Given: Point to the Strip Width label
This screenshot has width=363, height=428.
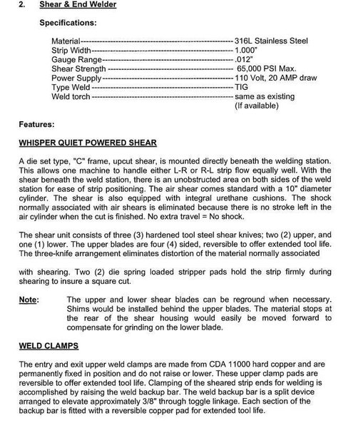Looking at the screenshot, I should [x=71, y=51].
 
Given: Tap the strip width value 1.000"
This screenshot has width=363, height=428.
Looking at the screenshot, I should [x=247, y=51].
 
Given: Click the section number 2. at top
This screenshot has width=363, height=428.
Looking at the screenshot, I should [x=22, y=6].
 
